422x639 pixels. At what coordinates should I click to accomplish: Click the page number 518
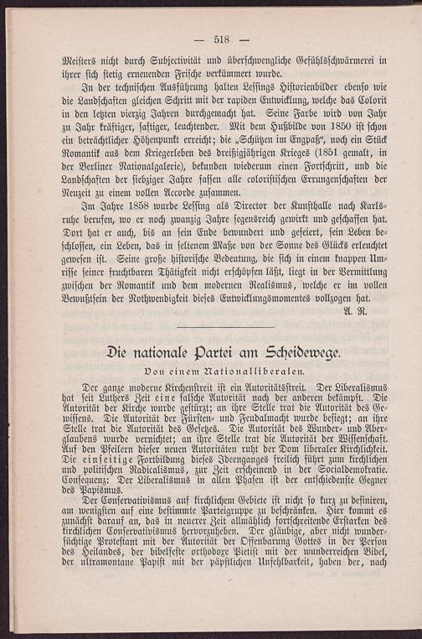(222, 39)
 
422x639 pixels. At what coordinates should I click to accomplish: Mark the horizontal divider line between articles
(226, 328)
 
